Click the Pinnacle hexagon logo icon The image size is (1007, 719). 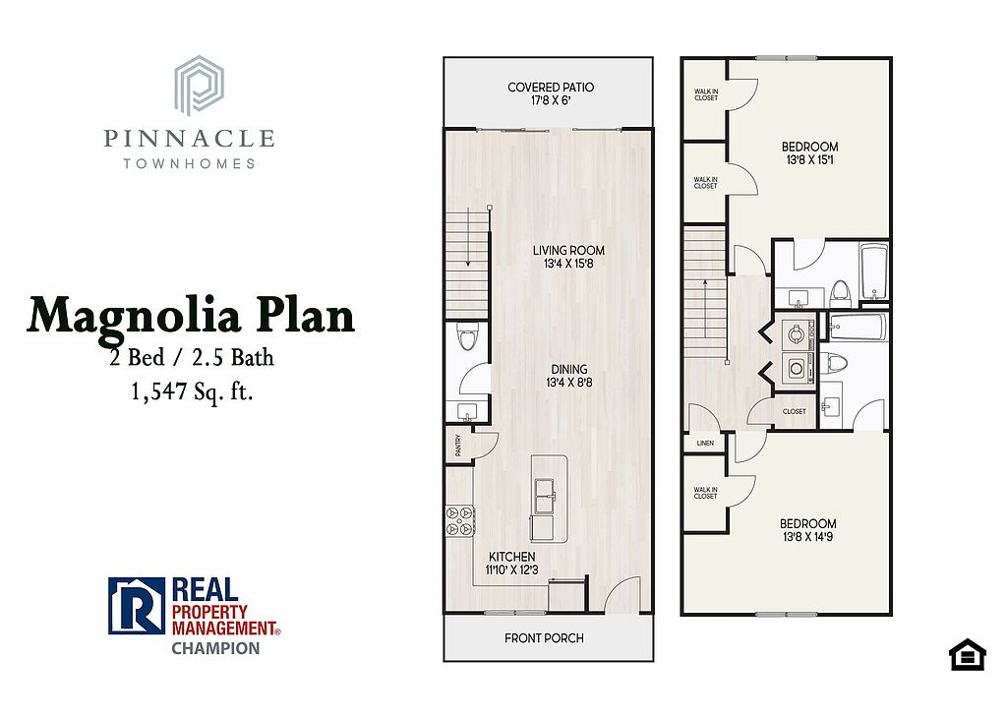click(199, 86)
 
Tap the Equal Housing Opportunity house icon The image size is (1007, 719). click(968, 654)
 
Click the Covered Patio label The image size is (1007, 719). click(551, 88)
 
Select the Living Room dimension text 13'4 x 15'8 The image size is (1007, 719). click(568, 264)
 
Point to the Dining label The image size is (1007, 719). click(569, 370)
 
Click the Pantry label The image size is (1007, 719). click(458, 446)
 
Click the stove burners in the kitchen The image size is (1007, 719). click(460, 520)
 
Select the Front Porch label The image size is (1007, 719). click(544, 638)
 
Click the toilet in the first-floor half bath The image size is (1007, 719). click(467, 336)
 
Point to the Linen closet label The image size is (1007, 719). click(705, 444)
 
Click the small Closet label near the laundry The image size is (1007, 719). click(795, 411)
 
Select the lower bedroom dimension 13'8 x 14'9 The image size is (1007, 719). click(808, 536)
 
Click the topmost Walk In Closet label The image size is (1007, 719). click(706, 95)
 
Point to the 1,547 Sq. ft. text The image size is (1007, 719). click(192, 391)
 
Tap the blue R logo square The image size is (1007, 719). click(137, 606)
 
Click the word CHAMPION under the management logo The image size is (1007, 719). click(215, 648)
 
